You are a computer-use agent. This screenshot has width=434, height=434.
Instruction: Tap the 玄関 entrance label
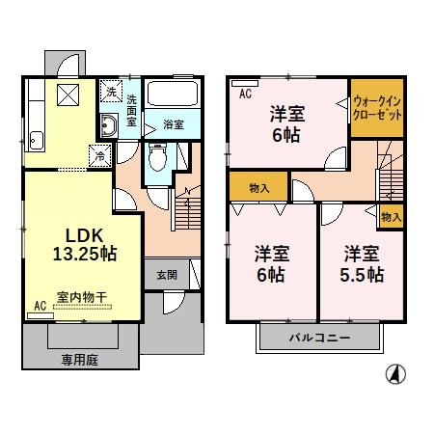point(166,275)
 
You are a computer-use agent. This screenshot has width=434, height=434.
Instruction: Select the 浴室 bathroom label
point(173,124)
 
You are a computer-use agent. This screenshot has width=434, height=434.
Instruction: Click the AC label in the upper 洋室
point(245,93)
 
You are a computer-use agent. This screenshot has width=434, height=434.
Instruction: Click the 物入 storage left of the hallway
point(258,186)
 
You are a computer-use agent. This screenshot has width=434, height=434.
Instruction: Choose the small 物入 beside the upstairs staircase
point(392,217)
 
